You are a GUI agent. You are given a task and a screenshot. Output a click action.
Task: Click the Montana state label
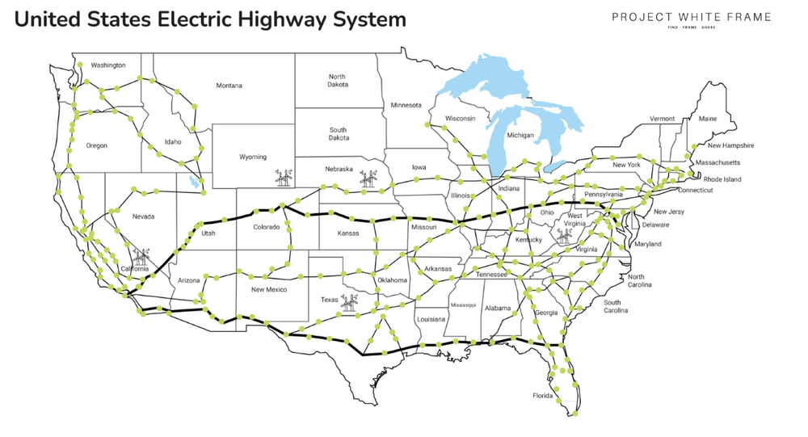pyautogui.click(x=229, y=86)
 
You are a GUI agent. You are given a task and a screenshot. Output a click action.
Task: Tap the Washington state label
pyautogui.click(x=108, y=65)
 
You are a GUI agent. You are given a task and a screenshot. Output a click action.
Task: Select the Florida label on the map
pyautogui.click(x=542, y=396)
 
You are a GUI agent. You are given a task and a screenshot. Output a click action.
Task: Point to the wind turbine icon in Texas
pyautogui.click(x=350, y=303)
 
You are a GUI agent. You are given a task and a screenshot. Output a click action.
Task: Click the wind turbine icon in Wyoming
pyautogui.click(x=284, y=177)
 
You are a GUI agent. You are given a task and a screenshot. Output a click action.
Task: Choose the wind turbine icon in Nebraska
pyautogui.click(x=368, y=178)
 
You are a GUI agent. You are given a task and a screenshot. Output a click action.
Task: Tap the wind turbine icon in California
pyautogui.click(x=141, y=258)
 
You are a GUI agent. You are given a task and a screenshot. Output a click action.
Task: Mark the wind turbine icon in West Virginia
pyautogui.click(x=563, y=236)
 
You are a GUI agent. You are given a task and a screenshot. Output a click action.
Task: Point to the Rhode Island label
pyautogui.click(x=722, y=179)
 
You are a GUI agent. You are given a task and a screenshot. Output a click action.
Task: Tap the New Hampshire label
pyautogui.click(x=730, y=146)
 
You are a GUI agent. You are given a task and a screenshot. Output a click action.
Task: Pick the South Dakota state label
pyautogui.click(x=338, y=133)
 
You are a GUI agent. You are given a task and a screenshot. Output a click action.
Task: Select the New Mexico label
pyautogui.click(x=269, y=289)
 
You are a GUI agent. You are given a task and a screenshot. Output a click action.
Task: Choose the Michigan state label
pyautogui.click(x=520, y=136)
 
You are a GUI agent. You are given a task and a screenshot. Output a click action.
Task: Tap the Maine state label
pyautogui.click(x=707, y=119)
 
